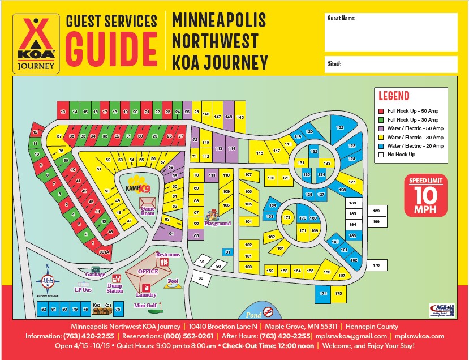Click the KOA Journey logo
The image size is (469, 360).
(x=37, y=44)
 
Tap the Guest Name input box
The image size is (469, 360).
(x=391, y=32)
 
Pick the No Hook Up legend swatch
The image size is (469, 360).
(x=381, y=154)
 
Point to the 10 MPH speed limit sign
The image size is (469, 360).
(x=425, y=196)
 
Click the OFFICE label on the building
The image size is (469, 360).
(x=148, y=272)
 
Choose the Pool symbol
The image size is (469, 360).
(x=171, y=285)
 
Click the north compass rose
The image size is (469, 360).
(x=48, y=280)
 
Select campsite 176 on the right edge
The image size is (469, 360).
(x=376, y=265)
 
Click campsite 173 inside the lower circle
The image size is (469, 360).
(x=287, y=217)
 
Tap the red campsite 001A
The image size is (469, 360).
(x=104, y=252)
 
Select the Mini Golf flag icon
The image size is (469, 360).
(x=161, y=308)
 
